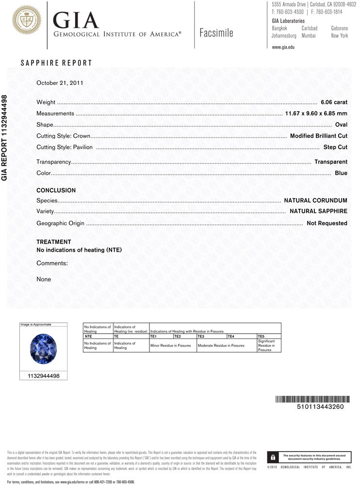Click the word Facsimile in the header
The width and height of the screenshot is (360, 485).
click(x=216, y=33)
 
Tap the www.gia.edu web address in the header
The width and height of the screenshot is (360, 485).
click(x=283, y=47)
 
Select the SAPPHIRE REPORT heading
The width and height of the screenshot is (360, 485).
click(x=56, y=63)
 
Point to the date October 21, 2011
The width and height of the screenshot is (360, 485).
click(x=60, y=83)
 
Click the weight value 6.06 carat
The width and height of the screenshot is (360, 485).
click(x=334, y=102)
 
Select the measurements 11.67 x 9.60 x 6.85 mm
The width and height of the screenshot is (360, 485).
click(x=316, y=113)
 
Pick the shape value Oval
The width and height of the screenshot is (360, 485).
click(x=341, y=125)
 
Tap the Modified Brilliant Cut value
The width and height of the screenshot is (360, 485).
click(x=318, y=136)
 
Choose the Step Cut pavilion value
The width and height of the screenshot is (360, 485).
click(x=335, y=147)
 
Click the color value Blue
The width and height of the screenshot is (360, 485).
click(x=341, y=173)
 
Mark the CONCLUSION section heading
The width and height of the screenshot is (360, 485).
click(x=56, y=191)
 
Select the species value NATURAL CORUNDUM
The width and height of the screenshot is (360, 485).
click(x=315, y=200)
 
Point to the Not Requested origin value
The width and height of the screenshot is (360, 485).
click(x=327, y=223)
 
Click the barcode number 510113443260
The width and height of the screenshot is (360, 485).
click(x=320, y=407)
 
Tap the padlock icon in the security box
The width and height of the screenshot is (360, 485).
click(x=273, y=457)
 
